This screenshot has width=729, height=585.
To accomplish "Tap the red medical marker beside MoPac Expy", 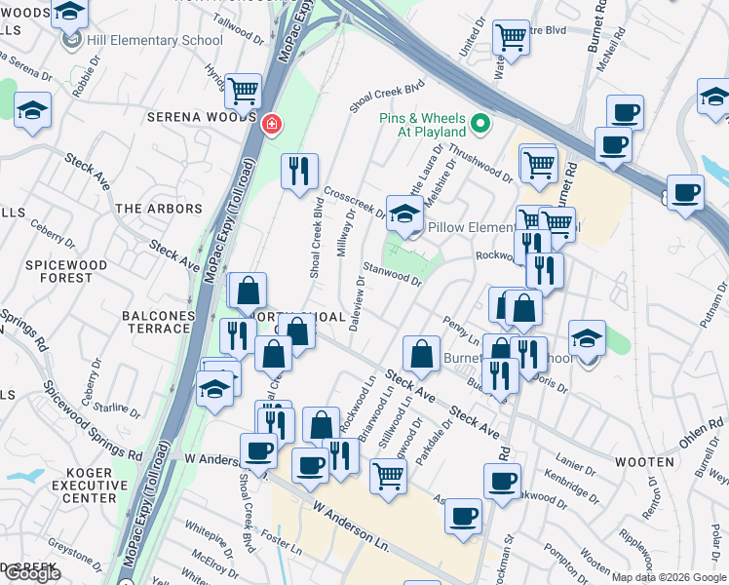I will coord(272,124).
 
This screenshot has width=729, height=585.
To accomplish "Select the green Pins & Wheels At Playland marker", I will coord(480,124).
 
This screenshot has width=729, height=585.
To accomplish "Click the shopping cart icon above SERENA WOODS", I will coord(243,92).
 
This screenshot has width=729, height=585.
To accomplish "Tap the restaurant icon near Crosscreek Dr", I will coord(299,171).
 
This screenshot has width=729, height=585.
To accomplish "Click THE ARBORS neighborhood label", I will coord(159,209).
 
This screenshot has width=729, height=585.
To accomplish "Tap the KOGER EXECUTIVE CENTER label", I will coord(84,485).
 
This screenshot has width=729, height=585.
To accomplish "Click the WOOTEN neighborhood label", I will coord(644,461).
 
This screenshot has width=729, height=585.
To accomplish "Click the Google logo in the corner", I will coord(31,573).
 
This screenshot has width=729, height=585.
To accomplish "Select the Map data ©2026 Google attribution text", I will coord(669,576).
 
